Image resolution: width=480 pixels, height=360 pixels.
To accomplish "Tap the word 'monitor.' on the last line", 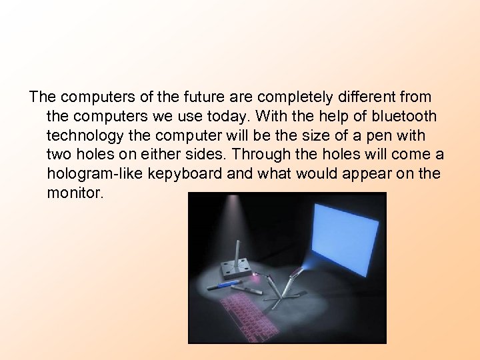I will click(75, 194).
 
